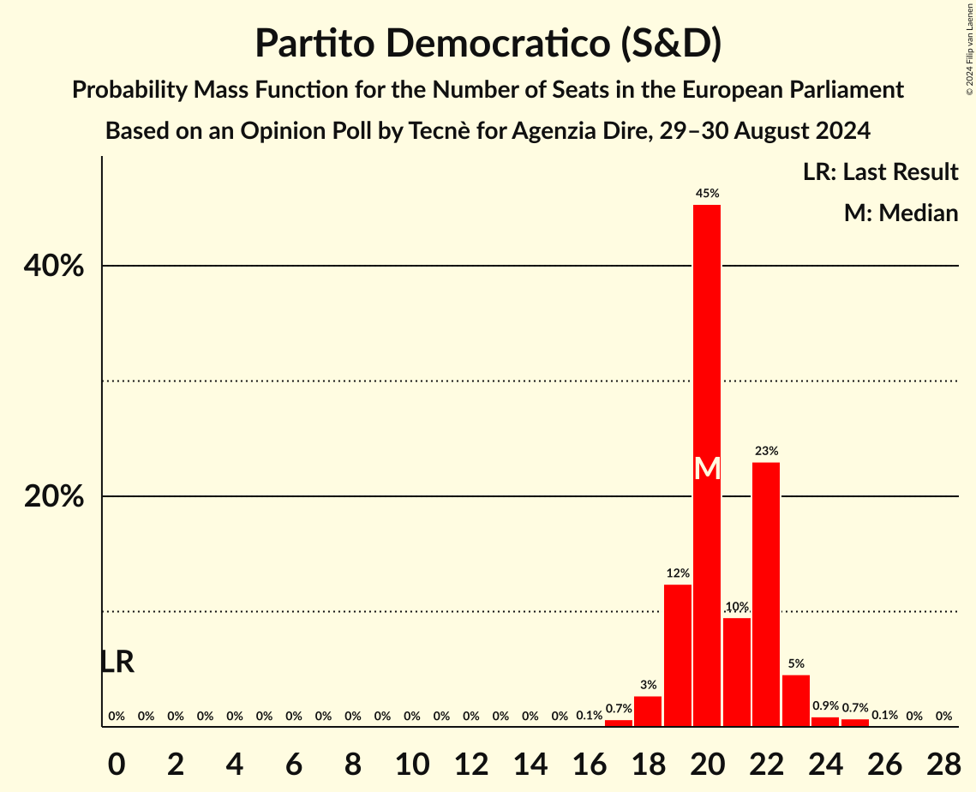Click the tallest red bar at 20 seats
(x=707, y=343)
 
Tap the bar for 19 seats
(x=678, y=656)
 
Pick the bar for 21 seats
(x=737, y=672)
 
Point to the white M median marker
(x=707, y=468)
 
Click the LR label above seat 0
(x=117, y=662)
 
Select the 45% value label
(x=707, y=194)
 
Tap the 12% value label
(x=678, y=573)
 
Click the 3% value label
(x=649, y=685)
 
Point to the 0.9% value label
(x=825, y=706)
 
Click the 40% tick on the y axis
(x=53, y=266)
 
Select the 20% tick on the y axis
(x=53, y=497)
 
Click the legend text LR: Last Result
(x=880, y=172)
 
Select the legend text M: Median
(x=900, y=213)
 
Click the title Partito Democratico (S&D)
(x=488, y=45)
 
